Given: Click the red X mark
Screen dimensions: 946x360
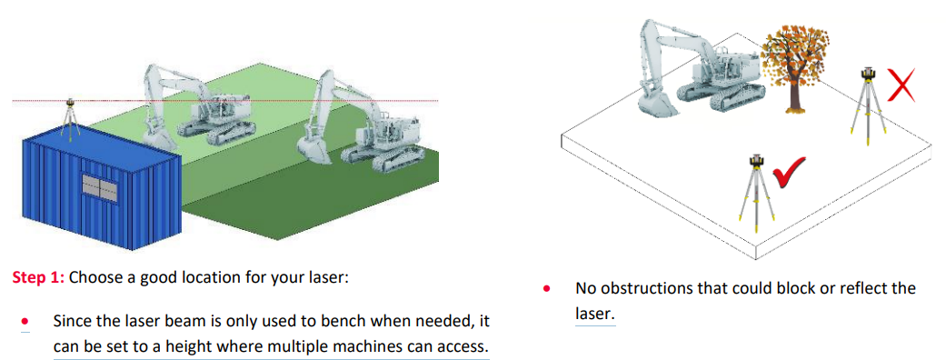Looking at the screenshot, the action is coord(901,85).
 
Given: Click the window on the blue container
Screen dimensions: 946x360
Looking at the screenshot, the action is coord(99,188).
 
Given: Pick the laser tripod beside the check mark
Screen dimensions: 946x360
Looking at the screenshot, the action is coord(757,186).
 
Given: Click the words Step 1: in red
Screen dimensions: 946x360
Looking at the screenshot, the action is coord(39,278).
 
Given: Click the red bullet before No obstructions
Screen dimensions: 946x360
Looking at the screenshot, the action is coord(547,289).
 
